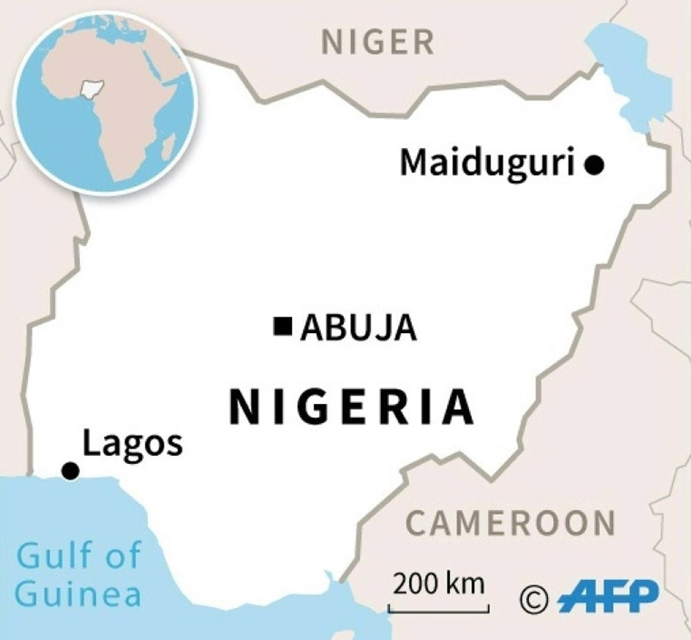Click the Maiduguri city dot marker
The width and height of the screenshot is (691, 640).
594,165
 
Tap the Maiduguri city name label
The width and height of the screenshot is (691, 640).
486,162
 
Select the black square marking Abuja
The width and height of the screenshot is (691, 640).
283,327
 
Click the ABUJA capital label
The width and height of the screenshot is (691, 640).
358,328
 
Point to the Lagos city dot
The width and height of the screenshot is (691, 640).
71,471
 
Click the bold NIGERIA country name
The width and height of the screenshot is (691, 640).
351,407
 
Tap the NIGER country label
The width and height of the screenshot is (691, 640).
378,41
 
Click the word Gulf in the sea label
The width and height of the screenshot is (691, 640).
53,556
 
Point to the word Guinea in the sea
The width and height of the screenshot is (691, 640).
78,593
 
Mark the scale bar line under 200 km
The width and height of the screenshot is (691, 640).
438,610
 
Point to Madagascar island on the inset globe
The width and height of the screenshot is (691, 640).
169,148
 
